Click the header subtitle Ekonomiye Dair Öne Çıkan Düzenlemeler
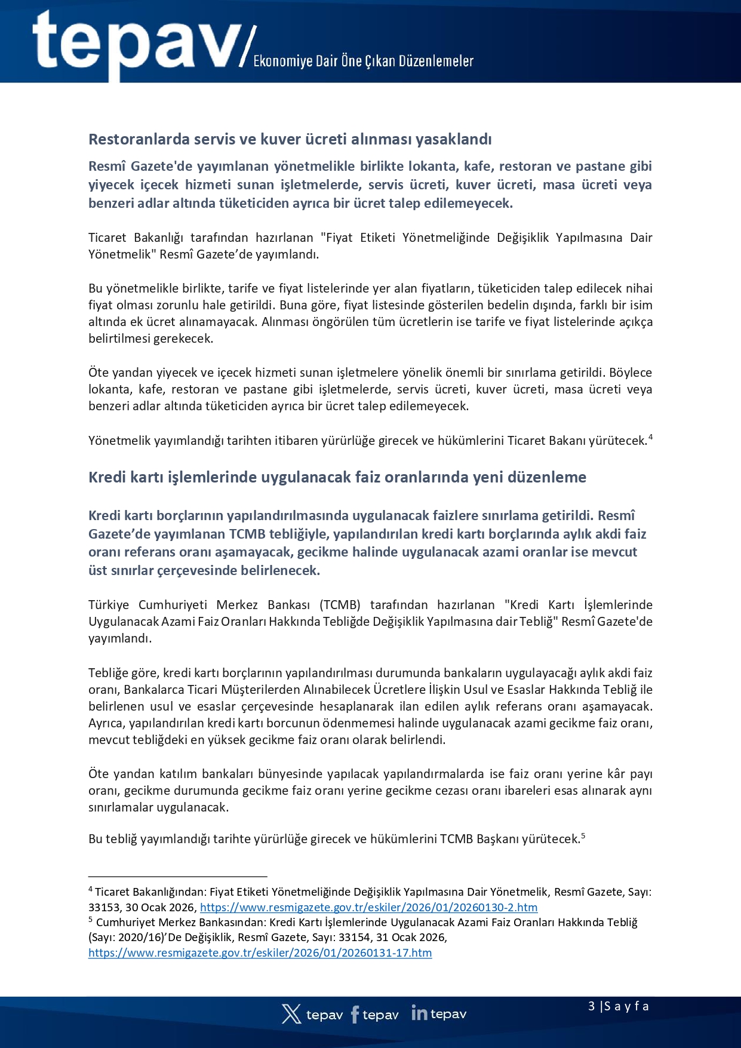click(x=363, y=61)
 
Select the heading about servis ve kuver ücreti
click(x=290, y=139)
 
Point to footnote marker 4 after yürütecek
click(x=650, y=438)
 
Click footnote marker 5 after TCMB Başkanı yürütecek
click(x=583, y=836)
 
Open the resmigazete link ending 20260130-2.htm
click(x=368, y=908)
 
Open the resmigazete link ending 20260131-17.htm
click(x=260, y=953)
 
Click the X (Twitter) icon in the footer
click(x=291, y=1014)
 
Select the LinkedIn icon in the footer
click(x=419, y=1013)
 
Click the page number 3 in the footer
click(x=591, y=1006)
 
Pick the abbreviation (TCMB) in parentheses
click(x=340, y=605)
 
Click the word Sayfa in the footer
click(x=626, y=1006)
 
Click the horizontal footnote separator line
click(x=177, y=876)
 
